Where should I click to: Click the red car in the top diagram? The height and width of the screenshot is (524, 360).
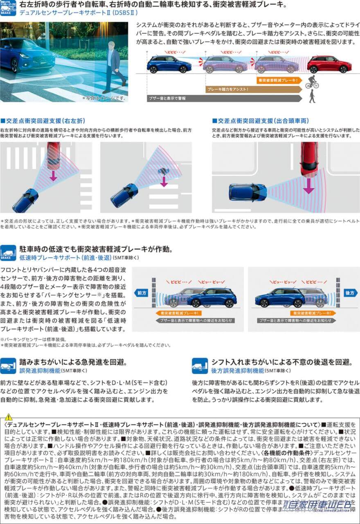point(329,64)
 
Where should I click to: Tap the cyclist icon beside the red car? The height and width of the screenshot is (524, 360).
point(311,81)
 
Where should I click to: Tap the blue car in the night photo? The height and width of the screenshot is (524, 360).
point(27,54)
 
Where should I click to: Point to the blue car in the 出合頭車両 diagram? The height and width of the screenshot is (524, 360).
point(248,192)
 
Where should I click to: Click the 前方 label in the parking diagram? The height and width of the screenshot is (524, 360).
point(142,293)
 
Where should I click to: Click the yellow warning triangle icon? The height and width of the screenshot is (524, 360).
point(9,417)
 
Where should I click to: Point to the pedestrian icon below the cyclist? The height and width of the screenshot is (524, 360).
point(312,97)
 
